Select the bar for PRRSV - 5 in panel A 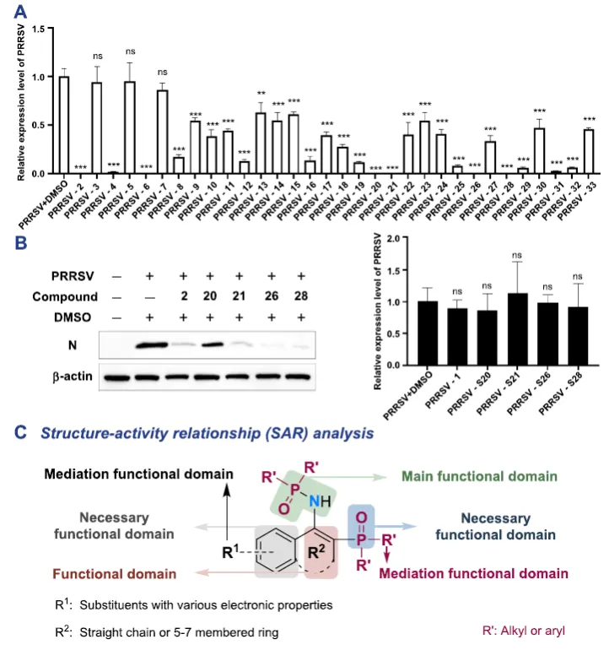tap(130, 127)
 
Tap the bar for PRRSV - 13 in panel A tap(261, 144)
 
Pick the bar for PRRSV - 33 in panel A tap(588, 152)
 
